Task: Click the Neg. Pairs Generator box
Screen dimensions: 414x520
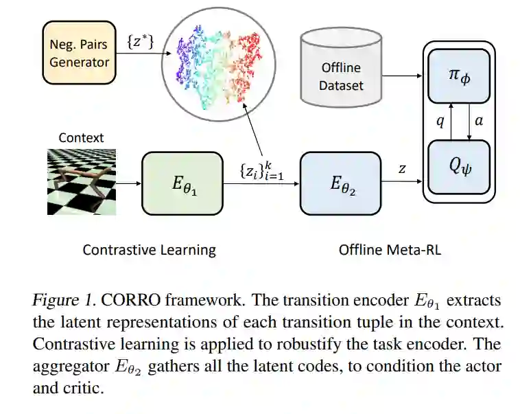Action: (x=79, y=52)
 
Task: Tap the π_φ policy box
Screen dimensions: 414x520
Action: (x=458, y=77)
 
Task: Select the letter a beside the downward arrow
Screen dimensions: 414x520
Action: (x=479, y=121)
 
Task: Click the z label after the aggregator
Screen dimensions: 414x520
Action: (x=402, y=168)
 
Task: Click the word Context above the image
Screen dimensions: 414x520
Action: (x=81, y=137)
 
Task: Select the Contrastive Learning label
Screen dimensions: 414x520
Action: (x=149, y=250)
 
